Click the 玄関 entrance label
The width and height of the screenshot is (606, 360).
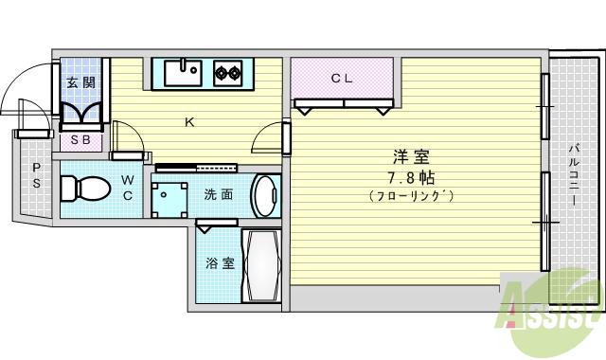click(x=81, y=82)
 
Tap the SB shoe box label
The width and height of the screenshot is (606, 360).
click(x=81, y=141)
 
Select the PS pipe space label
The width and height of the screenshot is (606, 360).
click(x=37, y=175)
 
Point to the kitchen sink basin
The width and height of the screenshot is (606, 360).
click(x=182, y=72)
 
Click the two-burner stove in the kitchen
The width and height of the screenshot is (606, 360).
click(x=227, y=72)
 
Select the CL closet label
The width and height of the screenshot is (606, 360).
click(x=342, y=79)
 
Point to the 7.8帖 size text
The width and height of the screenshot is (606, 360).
click(x=411, y=177)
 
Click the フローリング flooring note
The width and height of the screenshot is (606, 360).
click(x=411, y=196)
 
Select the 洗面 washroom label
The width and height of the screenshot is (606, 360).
click(x=219, y=195)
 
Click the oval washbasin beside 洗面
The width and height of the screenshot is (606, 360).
click(x=265, y=195)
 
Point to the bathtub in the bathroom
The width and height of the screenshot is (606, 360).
click(x=261, y=266)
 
